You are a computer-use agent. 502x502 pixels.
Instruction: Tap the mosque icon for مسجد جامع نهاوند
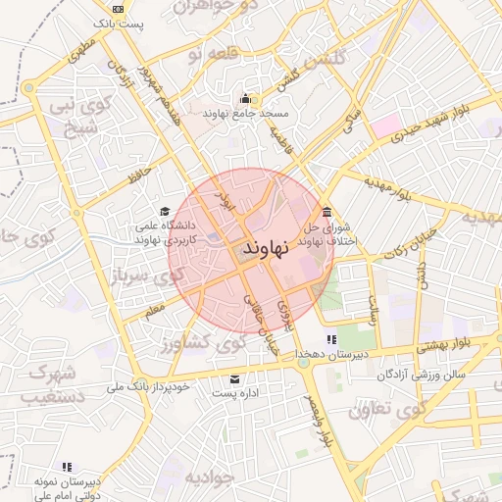click(245, 98)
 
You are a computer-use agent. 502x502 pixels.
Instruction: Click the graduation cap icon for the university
click(165, 212)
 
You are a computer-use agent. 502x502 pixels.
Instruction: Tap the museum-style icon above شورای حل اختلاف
click(326, 212)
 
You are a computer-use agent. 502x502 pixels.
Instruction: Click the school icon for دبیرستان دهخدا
click(330, 339)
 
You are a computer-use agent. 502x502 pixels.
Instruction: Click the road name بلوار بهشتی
click(447, 344)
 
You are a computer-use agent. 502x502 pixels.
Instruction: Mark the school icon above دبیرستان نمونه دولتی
click(67, 467)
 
